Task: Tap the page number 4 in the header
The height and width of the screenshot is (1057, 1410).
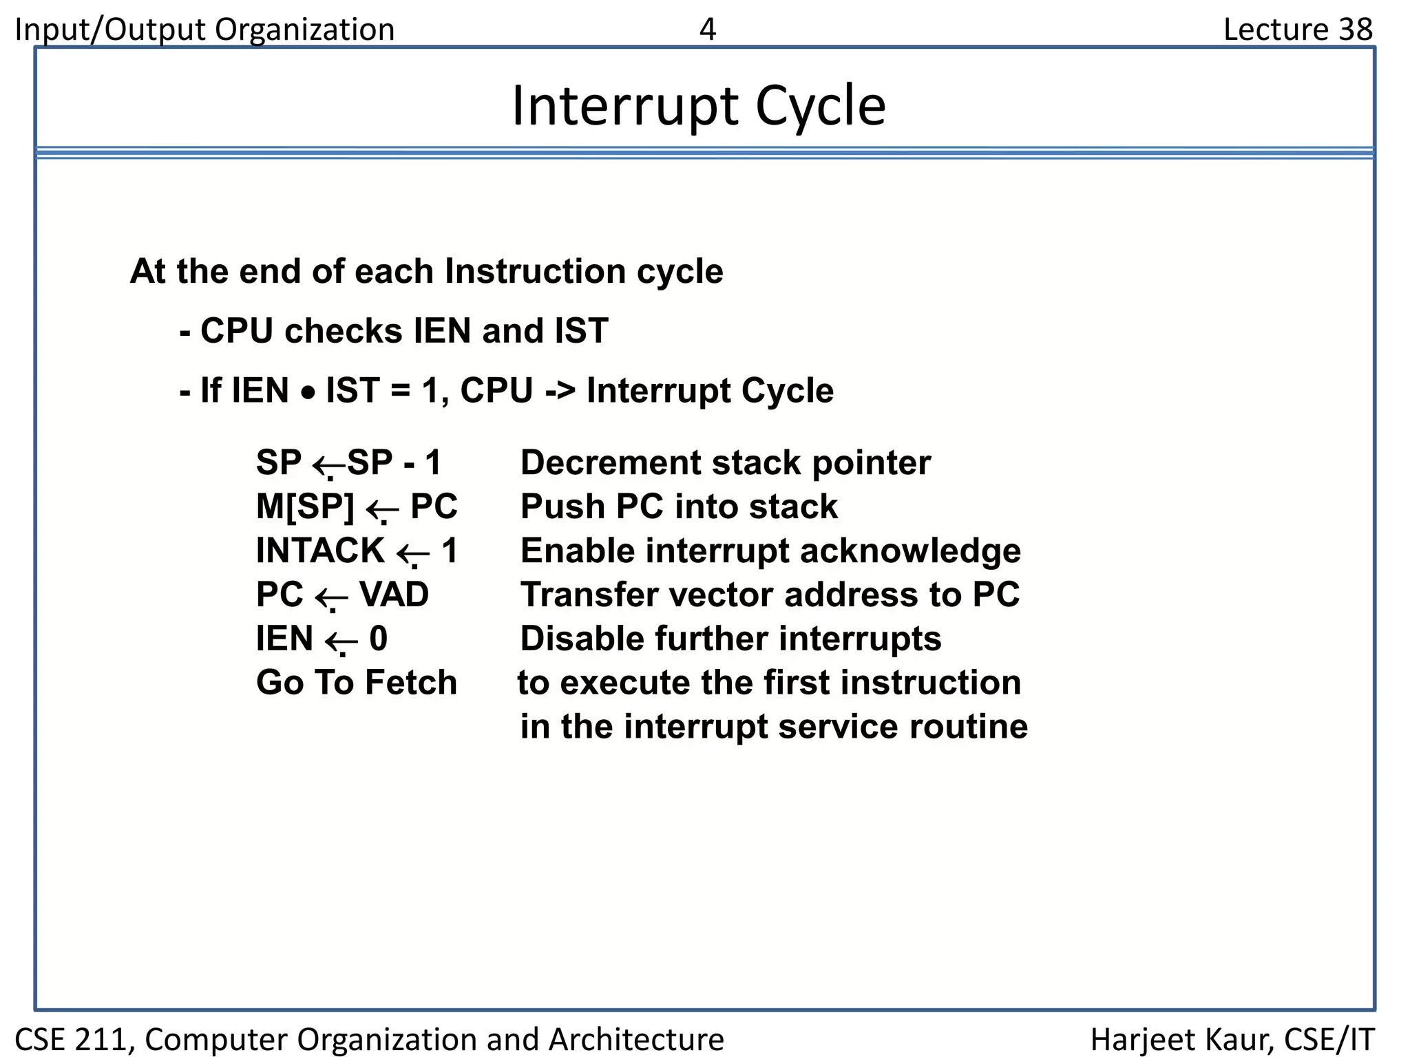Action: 707,30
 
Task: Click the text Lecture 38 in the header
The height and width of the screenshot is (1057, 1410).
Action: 1297,30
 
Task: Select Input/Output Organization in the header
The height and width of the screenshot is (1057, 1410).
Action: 204,30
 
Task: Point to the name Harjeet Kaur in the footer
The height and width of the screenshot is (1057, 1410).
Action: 1180,1039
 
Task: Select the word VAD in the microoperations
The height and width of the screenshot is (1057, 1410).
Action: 394,595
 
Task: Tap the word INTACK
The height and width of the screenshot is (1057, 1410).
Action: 320,551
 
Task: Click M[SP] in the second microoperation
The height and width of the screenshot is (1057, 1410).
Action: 305,506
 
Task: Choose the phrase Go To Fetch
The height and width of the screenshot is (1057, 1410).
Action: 356,683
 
